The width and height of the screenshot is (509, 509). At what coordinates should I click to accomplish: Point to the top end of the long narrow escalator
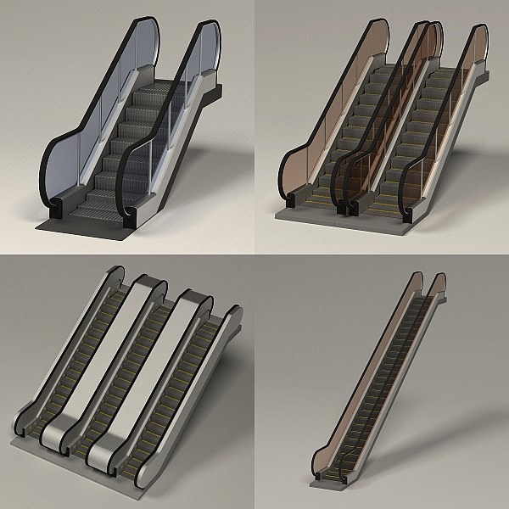pyautogui.click(x=428, y=284)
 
